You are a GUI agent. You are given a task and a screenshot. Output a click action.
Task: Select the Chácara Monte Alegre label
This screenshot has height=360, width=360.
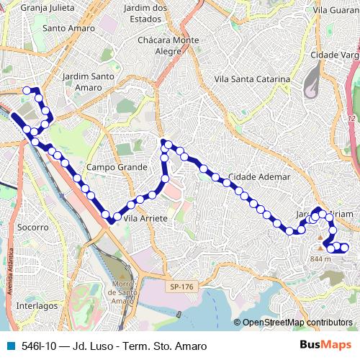coord(169,45)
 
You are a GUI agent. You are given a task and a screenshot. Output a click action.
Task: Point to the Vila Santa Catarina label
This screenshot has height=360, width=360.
coord(253,79)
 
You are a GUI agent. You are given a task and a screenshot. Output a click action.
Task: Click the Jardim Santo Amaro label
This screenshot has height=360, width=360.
coord(89,81)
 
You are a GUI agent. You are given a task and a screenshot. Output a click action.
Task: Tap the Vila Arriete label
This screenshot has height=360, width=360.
coord(145,217)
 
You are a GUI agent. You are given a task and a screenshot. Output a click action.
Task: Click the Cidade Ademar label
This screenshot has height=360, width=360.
coord(258,176)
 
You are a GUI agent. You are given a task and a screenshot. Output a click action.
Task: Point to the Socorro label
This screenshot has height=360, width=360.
coord(32,227)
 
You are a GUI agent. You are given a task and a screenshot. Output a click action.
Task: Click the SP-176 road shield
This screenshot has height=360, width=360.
coord(183,287)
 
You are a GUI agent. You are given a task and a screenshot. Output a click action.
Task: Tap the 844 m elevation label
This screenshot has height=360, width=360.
coord(320,258)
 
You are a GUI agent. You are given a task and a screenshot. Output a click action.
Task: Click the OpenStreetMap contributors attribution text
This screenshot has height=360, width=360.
coord(297,323)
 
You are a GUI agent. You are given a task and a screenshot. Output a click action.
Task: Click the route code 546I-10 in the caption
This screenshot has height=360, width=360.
coord(40,346)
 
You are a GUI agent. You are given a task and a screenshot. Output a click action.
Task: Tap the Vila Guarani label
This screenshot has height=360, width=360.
coord(336,10)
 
